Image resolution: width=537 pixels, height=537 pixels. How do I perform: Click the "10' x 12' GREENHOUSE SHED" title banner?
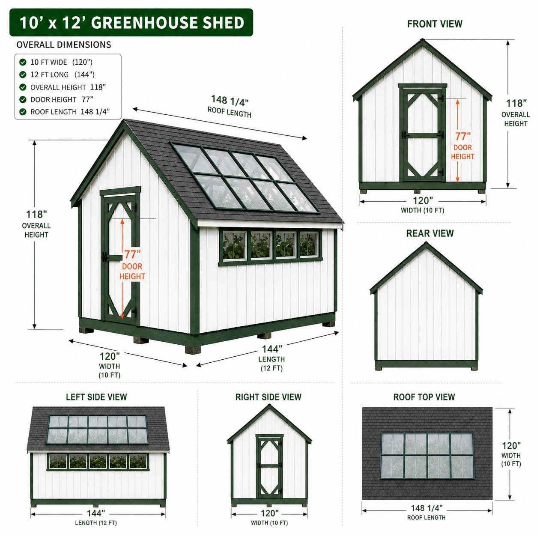[131, 23]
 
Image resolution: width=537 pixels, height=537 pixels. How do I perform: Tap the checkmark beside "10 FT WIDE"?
[23, 62]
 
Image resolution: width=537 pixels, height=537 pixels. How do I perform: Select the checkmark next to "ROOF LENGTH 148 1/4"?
[23, 112]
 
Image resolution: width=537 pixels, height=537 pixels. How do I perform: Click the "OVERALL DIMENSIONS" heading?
[64, 45]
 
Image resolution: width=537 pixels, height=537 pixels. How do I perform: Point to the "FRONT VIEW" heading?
[435, 24]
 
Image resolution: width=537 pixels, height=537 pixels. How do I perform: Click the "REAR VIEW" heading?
[430, 233]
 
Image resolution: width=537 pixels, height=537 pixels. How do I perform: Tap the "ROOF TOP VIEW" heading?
[424, 397]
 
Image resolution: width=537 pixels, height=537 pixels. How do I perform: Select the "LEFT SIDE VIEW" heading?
[96, 397]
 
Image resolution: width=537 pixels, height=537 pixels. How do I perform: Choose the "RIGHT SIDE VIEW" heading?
[268, 397]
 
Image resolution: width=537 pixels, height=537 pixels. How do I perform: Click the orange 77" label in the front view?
[463, 136]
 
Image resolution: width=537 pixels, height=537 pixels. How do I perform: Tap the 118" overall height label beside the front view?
[516, 103]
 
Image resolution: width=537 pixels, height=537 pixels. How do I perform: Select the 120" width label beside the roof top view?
[511, 446]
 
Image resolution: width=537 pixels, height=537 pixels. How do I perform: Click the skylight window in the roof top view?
[427, 455]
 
